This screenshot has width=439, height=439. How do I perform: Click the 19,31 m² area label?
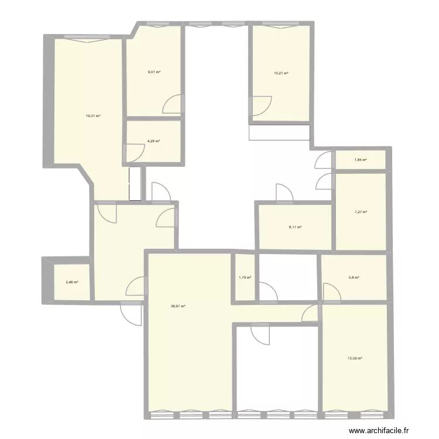tap(93, 116)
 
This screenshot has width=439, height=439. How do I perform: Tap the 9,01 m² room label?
tap(154, 72)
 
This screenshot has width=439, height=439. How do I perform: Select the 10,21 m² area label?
tap(281, 74)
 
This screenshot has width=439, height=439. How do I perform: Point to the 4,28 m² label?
tap(154, 141)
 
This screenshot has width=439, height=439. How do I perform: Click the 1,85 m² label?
tap(361, 160)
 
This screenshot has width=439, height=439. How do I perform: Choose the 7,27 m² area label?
tap(361, 212)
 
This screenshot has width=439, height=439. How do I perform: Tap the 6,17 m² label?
tap(295, 227)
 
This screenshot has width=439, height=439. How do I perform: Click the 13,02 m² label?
tap(355, 358)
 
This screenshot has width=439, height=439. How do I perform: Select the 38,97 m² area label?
tap(178, 306)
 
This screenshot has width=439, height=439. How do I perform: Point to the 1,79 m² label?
tap(245, 278)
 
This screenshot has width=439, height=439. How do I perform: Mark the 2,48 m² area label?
tap(71, 282)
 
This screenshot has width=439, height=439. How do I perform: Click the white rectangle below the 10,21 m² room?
tap(279, 133)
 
